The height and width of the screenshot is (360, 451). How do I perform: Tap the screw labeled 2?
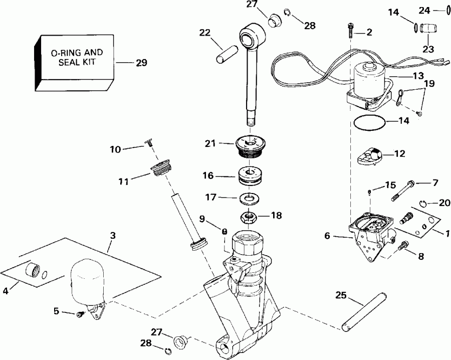coord(350,31)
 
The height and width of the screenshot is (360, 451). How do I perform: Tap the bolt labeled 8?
coord(402,246)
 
